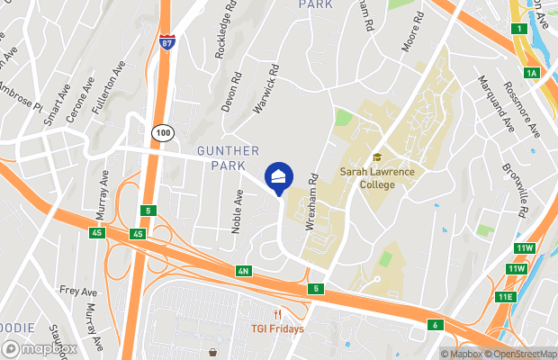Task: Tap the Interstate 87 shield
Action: (166, 42)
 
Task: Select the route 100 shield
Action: (162, 131)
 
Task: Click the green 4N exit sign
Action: (243, 271)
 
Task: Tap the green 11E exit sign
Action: (504, 297)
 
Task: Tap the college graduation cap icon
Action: (377, 157)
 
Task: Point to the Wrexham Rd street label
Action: (313, 202)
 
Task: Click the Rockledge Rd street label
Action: (225, 35)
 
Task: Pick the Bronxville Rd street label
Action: (513, 190)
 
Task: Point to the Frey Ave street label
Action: (77, 291)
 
